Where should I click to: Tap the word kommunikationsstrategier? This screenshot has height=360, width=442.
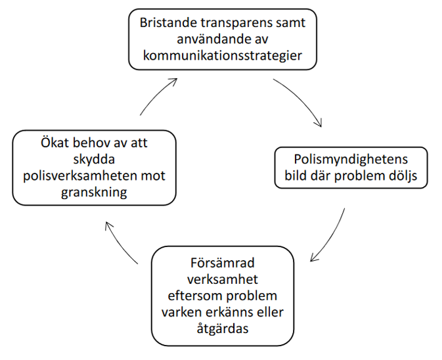(223, 56)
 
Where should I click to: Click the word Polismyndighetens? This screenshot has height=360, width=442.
(351, 160)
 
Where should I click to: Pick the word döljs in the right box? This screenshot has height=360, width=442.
(403, 176)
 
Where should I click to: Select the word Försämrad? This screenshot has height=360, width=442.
(223, 263)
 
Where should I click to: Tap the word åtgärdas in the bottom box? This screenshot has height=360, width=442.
(223, 328)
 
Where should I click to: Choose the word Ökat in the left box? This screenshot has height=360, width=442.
(55, 143)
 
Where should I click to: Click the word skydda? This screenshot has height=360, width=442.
(94, 160)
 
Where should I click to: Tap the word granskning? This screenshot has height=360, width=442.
(94, 193)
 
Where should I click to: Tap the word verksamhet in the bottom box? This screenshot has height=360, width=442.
(223, 279)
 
